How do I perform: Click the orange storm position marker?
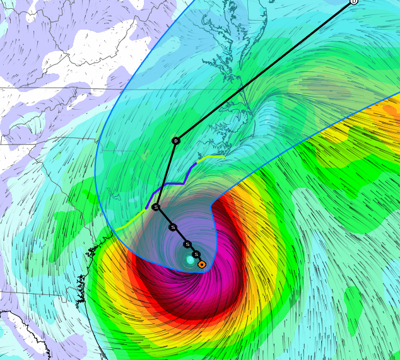(x=201, y=264)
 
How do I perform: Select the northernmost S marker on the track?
(x=156, y=207)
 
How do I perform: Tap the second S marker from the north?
(x=173, y=227)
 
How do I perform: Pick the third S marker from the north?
(x=187, y=244)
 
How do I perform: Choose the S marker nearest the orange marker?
(x=196, y=254)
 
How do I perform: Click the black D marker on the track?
(x=176, y=141)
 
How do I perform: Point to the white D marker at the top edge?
(x=354, y=2)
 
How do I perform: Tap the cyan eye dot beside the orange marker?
(x=190, y=260)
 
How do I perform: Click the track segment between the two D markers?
(x=265, y=71)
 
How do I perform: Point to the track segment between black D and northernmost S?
(x=166, y=174)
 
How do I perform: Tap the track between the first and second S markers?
(x=165, y=218)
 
